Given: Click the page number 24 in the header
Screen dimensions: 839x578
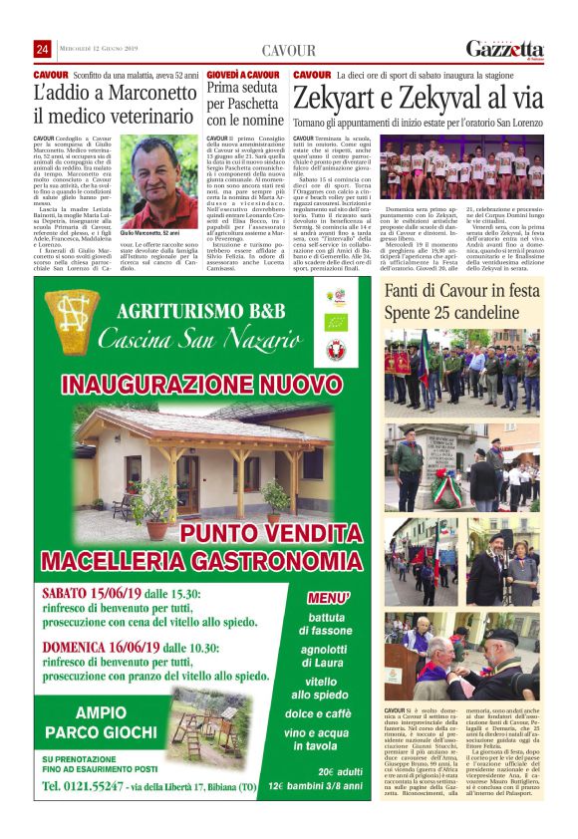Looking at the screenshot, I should click(42, 50).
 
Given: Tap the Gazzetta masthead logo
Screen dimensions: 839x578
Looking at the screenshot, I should click(504, 49).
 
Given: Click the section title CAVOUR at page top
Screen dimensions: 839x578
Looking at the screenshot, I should click(288, 50).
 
